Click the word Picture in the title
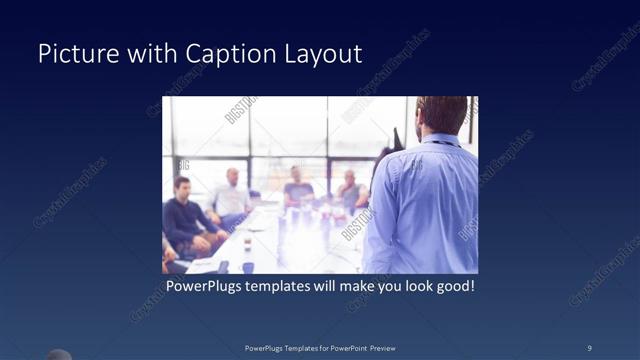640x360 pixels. [x=72, y=53]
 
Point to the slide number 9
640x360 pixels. [x=589, y=347]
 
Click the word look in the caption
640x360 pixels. [x=409, y=286]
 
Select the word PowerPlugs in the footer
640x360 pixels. [x=266, y=347]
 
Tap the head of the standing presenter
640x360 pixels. [x=441, y=113]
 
